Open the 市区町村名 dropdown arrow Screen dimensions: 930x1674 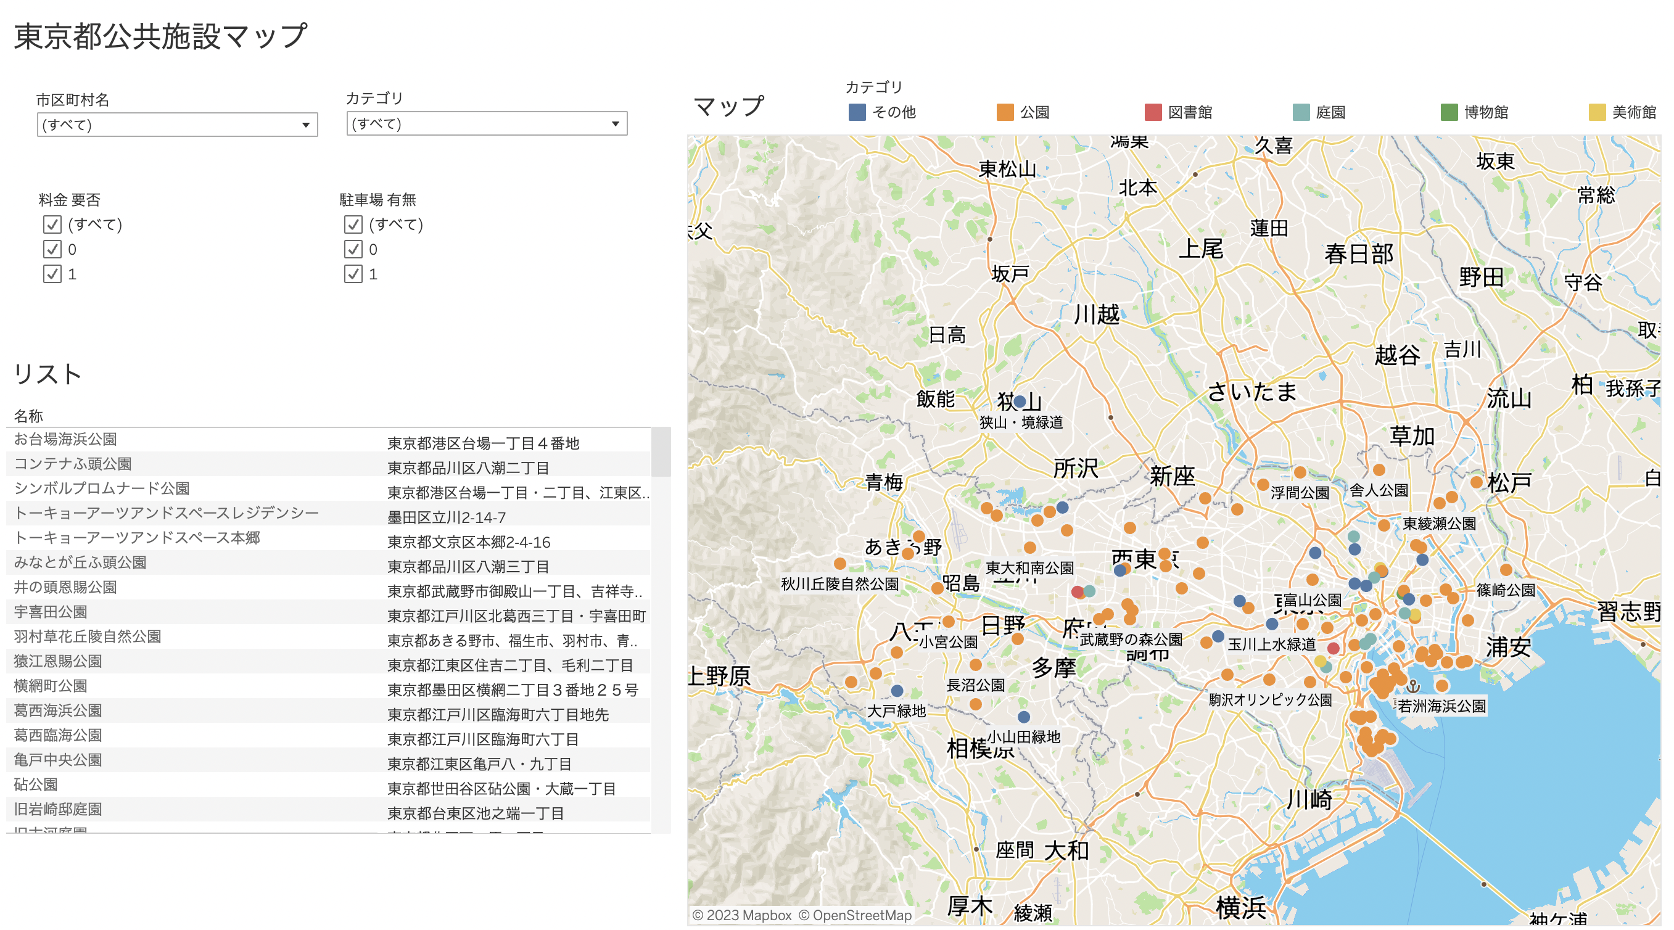305,125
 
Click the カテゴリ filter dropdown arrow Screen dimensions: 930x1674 615,123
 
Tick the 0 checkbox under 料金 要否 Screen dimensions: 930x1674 52,250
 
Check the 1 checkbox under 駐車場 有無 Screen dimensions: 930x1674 353,274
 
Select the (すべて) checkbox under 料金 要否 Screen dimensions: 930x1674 52,225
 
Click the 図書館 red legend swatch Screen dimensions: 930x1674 1152,112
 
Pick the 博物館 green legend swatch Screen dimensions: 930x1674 1448,112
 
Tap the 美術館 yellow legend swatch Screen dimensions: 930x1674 1597,112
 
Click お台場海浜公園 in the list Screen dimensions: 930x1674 65,439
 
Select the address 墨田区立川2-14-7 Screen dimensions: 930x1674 447,517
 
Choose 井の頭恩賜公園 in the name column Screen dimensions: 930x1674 65,588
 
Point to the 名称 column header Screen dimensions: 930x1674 28,416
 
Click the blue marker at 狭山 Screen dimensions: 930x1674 1020,401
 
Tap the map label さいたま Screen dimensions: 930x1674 1251,391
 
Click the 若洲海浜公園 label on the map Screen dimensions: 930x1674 1441,706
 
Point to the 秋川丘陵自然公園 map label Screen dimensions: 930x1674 839,583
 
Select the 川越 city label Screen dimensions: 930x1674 1096,315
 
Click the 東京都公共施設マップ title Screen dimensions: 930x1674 160,36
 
